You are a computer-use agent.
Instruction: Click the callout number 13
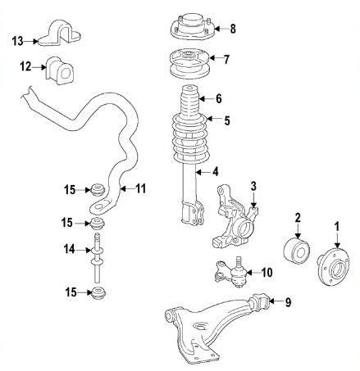coord(18,42)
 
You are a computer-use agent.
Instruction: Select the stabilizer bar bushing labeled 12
coord(60,70)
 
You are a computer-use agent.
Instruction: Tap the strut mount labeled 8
coord(193,28)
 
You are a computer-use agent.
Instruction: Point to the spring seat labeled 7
coord(189,64)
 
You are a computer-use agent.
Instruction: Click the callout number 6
coord(219,98)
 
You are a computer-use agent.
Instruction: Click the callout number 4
coord(216,172)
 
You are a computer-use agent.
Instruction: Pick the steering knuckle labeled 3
coord(235,216)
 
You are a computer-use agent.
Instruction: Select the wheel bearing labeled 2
coord(297,251)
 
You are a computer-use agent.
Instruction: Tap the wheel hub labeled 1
coord(334,266)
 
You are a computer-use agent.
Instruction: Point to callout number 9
coord(288,302)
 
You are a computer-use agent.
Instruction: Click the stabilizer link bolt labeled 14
coord(97,258)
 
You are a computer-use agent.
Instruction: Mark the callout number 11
coord(141,188)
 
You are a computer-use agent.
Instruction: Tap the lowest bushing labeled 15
coord(98,293)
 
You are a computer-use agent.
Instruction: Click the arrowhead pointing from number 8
coord(216,29)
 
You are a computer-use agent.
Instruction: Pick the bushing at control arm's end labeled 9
coord(260,301)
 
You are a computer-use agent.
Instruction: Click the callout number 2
coord(298,218)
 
